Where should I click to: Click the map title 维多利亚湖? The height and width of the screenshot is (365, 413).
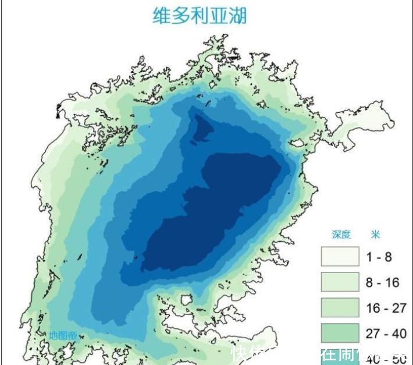coord(199,16)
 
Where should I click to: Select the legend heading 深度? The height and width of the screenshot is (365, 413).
coord(341,235)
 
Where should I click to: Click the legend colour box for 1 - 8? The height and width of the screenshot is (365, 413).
coord(340,256)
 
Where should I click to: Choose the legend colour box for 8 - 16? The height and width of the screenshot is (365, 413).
coord(340,282)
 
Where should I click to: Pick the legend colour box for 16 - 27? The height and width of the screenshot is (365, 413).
coord(340,307)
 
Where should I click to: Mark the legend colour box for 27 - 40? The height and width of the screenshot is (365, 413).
coord(340,333)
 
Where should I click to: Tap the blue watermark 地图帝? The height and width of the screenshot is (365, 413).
coord(63,335)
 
